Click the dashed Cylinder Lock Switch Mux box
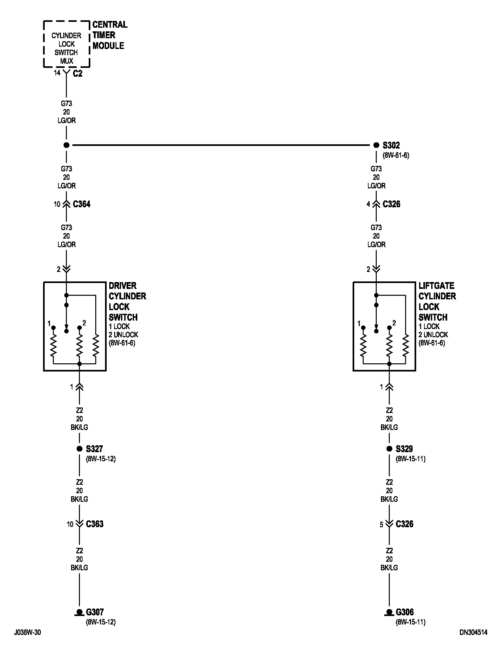[x=67, y=44]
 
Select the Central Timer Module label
[x=110, y=35]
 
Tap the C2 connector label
[x=78, y=74]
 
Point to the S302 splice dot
[x=376, y=145]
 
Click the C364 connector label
[x=82, y=204]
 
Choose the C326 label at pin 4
[x=391, y=204]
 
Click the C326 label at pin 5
[x=404, y=524]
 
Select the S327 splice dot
[x=79, y=449]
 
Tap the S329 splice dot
[x=389, y=449]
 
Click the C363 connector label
[x=95, y=524]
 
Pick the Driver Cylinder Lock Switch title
[x=127, y=301]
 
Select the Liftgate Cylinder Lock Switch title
[x=437, y=301]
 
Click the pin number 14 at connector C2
[x=57, y=73]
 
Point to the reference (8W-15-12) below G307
[x=101, y=622]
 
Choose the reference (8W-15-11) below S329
[x=411, y=459]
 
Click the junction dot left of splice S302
[x=67, y=145]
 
